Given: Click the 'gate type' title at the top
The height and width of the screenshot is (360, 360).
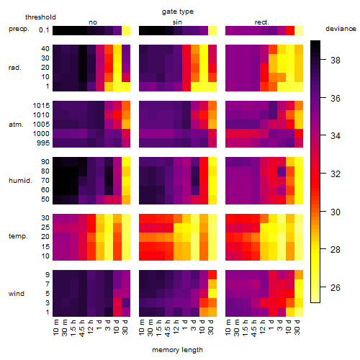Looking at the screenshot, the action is coord(178,12).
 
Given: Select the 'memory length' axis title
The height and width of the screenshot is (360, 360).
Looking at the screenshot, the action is coord(177,350).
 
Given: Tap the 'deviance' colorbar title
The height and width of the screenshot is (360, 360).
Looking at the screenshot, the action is coord(341,29).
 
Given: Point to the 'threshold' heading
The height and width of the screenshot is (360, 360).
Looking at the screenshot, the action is coord(40,17).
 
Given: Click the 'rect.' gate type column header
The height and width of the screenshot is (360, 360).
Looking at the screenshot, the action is coord(262,22).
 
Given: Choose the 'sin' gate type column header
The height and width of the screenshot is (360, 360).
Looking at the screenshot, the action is coord(177,22).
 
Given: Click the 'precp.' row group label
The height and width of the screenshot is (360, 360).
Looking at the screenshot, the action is coord(19,29).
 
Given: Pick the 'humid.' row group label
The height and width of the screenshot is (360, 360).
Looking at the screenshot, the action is coord(20,181).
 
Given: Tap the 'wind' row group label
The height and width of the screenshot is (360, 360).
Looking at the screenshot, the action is coord(17,294).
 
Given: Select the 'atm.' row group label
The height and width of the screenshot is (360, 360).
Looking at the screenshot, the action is coord(16,125).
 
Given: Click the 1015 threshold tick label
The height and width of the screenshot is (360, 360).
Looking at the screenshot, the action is coord(41,106).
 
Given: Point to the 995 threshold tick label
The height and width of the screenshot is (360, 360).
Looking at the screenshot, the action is coord(43,143).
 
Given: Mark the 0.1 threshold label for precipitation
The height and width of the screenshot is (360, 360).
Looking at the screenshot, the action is coord(44,30).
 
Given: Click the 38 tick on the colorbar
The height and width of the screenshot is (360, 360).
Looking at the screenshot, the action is coord(335,60).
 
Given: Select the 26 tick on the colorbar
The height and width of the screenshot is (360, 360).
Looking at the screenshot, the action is coord(335,287).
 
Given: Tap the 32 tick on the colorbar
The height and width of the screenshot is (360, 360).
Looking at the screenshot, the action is coord(335,174).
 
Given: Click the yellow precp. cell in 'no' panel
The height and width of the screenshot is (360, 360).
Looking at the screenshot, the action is coord(126,31).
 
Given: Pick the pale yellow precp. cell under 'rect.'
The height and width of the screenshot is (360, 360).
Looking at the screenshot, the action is coord(299,31).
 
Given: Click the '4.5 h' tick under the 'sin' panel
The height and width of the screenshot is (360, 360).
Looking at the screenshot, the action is coord(168,328).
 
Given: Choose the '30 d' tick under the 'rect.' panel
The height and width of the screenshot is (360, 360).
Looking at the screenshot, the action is coord(297,328).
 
